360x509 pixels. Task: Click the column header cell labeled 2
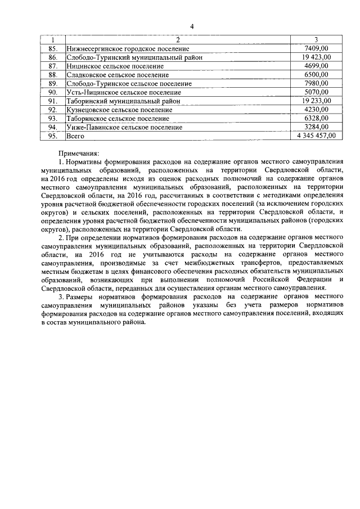click(x=177, y=40)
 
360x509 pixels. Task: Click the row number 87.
click(x=53, y=66)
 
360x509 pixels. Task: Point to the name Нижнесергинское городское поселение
click(x=128, y=49)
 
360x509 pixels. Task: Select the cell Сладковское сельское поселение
click(x=117, y=75)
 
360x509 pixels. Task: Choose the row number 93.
click(x=53, y=119)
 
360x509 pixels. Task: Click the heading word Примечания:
click(x=79, y=153)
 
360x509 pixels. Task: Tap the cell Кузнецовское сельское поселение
click(x=119, y=110)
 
